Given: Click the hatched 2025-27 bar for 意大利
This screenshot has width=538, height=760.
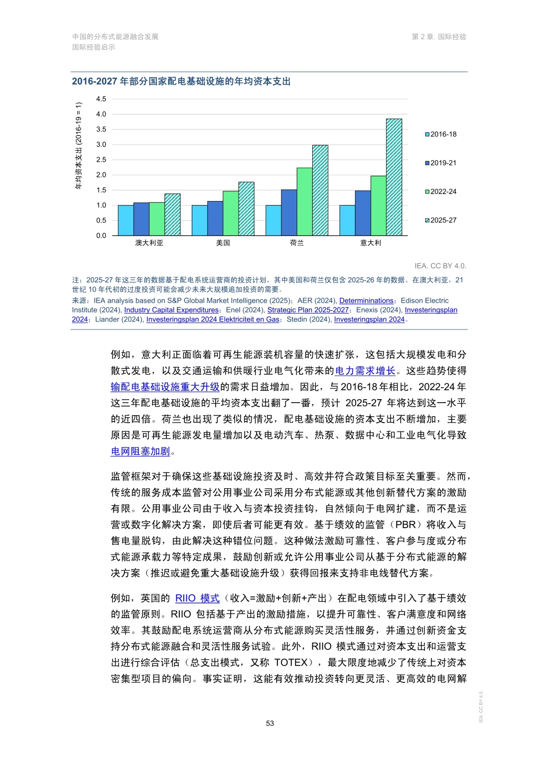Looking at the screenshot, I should [394, 177].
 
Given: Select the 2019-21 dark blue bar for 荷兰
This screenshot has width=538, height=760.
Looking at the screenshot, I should [289, 213].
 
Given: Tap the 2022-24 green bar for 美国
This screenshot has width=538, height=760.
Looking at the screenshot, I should [231, 213].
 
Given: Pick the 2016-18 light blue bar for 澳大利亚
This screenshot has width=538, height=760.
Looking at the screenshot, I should [126, 220].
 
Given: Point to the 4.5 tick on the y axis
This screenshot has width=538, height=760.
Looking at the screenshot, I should [101, 99].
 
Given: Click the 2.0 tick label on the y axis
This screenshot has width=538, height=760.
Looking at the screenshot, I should [101, 175].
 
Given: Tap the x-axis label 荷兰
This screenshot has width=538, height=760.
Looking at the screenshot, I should [297, 243].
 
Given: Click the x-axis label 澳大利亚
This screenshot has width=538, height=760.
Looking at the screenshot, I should [149, 243].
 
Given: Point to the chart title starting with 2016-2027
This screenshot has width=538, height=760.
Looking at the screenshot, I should [181, 81].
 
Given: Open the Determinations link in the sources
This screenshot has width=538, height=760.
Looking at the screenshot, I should [366, 301].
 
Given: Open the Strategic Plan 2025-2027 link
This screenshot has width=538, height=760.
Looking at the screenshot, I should [308, 310].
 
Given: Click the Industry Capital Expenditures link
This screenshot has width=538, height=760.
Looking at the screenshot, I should [171, 310].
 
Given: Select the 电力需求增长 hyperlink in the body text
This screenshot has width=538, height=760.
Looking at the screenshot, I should [365, 371].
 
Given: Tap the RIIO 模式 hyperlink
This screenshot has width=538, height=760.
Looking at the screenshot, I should [197, 598].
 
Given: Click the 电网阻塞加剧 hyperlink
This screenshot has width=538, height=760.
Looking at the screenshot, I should [140, 451].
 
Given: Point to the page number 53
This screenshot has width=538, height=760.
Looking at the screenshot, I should [270, 723].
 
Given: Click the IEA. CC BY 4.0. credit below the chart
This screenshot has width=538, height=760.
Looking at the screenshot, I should [440, 266].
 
